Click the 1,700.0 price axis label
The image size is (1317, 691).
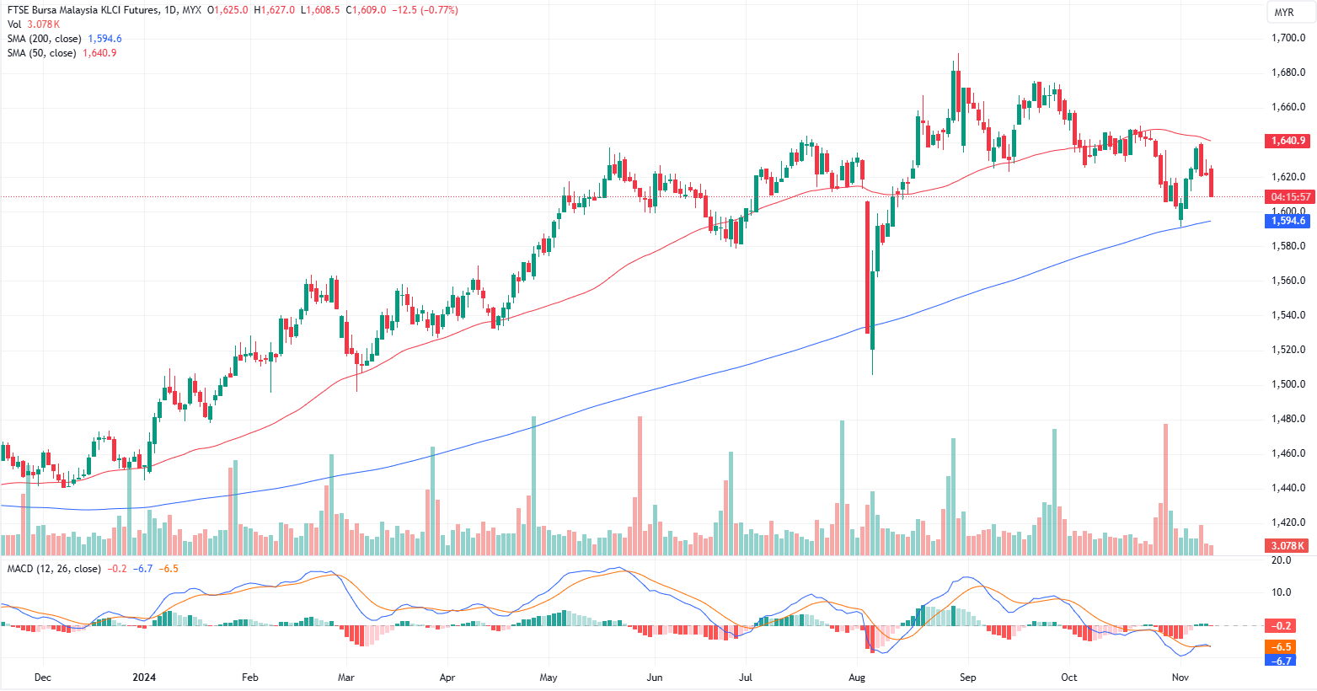pyautogui.click(x=1288, y=38)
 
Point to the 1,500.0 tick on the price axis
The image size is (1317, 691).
pyautogui.click(x=1288, y=384)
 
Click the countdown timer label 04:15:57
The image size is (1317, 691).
pyautogui.click(x=1289, y=197)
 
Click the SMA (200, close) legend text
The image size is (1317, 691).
pyautogui.click(x=45, y=39)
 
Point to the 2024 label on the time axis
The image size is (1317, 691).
pyautogui.click(x=145, y=678)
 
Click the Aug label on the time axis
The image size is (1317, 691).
pyautogui.click(x=857, y=678)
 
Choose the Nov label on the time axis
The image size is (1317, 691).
pyautogui.click(x=1180, y=678)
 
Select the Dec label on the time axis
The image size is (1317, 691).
pyautogui.click(x=42, y=678)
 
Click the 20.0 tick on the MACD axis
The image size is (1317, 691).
pyautogui.click(x=1281, y=560)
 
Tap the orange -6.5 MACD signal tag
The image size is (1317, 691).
pyautogui.click(x=1282, y=647)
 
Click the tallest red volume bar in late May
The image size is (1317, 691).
pyautogui.click(x=640, y=485)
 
